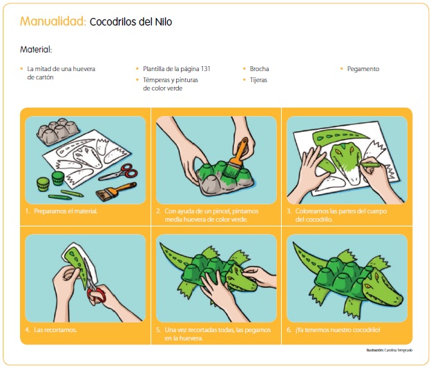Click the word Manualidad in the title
click(x=53, y=21)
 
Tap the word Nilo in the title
click(x=164, y=21)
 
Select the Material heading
click(x=36, y=50)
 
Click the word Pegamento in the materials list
click(x=363, y=69)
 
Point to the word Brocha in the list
click(x=259, y=69)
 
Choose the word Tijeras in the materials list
click(x=258, y=80)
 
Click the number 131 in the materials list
click(x=205, y=69)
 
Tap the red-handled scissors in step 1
click(x=119, y=172)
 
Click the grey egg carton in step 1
click(x=58, y=131)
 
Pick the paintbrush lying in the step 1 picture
click(x=116, y=191)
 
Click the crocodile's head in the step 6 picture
click(x=383, y=289)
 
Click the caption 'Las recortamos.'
click(x=55, y=329)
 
